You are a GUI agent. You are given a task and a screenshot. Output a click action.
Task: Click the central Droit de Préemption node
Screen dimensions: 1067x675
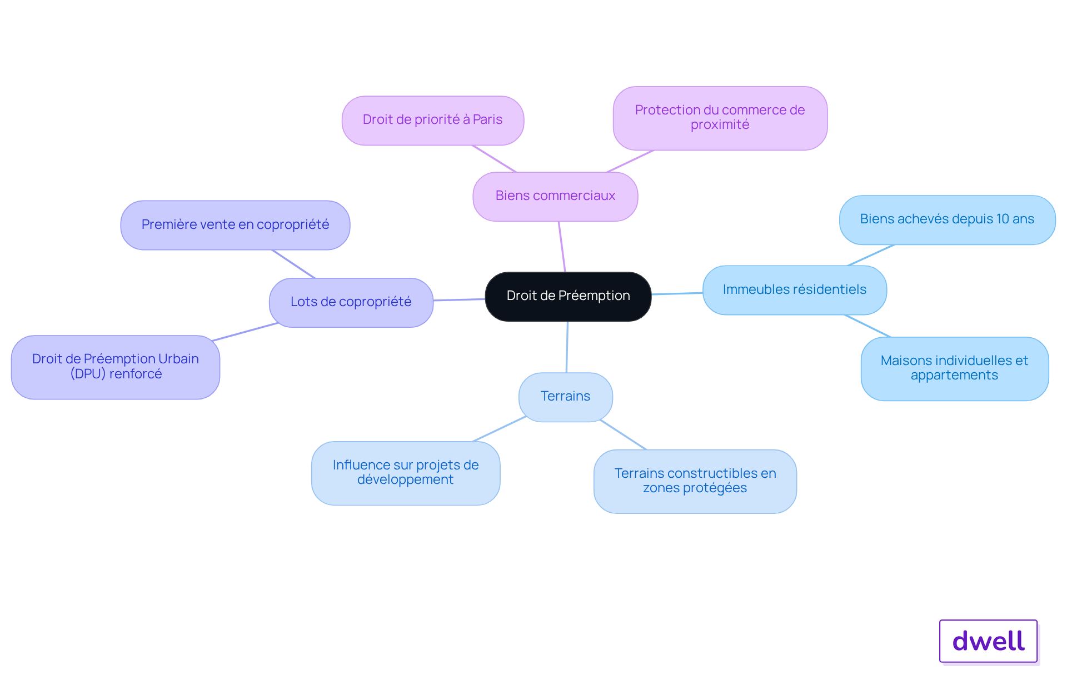[x=568, y=296]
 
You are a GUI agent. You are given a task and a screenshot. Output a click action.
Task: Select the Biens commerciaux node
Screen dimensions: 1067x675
[x=555, y=196]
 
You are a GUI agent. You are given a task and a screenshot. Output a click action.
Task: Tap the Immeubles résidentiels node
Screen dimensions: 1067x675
[x=795, y=290]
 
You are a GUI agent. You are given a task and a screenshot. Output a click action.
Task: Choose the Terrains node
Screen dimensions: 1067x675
[x=566, y=397]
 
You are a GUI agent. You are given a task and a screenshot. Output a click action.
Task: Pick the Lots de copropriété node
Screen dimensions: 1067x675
[x=351, y=302]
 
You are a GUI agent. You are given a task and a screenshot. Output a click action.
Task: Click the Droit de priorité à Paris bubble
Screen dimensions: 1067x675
[x=433, y=120]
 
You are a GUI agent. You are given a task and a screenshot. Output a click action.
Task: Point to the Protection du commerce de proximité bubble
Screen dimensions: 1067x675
[x=720, y=118]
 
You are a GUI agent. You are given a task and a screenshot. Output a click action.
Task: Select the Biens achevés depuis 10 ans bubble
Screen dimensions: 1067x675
[x=948, y=219]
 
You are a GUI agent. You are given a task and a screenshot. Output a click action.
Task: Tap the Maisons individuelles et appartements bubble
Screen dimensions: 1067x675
[x=955, y=368]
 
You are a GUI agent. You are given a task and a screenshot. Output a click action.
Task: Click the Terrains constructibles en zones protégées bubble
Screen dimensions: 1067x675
[x=695, y=481]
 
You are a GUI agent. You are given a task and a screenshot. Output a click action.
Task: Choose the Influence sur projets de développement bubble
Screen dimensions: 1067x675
[x=406, y=473]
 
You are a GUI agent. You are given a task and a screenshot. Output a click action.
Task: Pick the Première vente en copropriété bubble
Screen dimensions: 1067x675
[x=235, y=225]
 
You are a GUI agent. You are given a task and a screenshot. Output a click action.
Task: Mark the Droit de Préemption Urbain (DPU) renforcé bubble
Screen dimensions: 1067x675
[x=116, y=367]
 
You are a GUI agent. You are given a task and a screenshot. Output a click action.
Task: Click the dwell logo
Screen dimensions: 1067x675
[x=989, y=641]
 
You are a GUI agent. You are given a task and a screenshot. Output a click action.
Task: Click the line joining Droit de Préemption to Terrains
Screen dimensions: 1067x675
[x=567, y=347]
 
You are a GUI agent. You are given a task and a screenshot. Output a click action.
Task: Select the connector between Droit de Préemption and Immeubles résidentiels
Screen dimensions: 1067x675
[x=677, y=293]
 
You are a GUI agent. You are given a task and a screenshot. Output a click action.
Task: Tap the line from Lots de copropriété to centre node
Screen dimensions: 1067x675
[x=459, y=300]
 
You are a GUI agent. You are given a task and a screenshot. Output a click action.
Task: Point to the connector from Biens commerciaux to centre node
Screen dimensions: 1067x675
[x=562, y=247]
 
